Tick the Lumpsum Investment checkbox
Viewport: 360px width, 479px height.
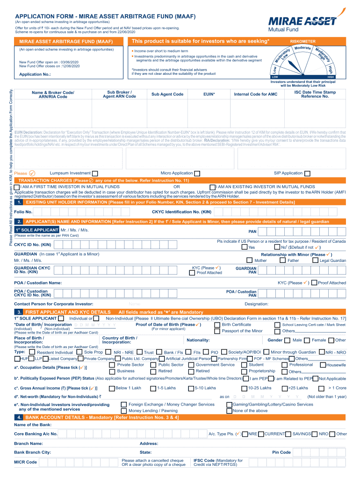pyautogui.click(x=95, y=174)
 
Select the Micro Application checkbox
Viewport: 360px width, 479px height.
pyautogui.click(x=197, y=174)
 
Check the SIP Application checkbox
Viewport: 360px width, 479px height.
pyautogui.click(x=307, y=174)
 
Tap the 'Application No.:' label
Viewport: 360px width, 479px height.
pyautogui.click(x=35, y=74)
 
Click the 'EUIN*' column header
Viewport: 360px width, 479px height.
pyautogui.click(x=209, y=94)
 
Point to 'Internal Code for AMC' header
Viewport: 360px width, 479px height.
pyautogui.click(x=256, y=94)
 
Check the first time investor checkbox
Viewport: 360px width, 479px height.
pyautogui.click(x=17, y=187)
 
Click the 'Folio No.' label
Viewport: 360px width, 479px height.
pyautogui.click(x=23, y=212)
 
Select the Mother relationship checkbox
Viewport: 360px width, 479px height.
pyautogui.click(x=249, y=261)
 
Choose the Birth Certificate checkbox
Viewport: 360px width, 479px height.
pyautogui.click(x=217, y=325)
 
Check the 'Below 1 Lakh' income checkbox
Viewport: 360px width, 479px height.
pyautogui.click(x=111, y=388)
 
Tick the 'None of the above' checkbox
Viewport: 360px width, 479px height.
pyautogui.click(x=229, y=411)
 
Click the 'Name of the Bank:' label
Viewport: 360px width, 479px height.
pyautogui.click(x=33, y=425)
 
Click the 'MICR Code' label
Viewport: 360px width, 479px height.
pyautogui.click(x=26, y=462)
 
